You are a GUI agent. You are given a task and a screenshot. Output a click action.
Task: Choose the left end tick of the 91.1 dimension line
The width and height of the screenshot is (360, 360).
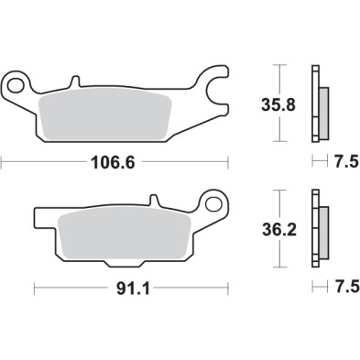pyautogui.click(x=34, y=289)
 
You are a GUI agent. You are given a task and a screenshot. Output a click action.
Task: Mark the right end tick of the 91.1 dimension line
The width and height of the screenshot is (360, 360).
pyautogui.click(x=227, y=289)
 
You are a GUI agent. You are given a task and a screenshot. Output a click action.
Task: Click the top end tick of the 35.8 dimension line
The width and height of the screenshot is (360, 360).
pyautogui.click(x=279, y=66)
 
